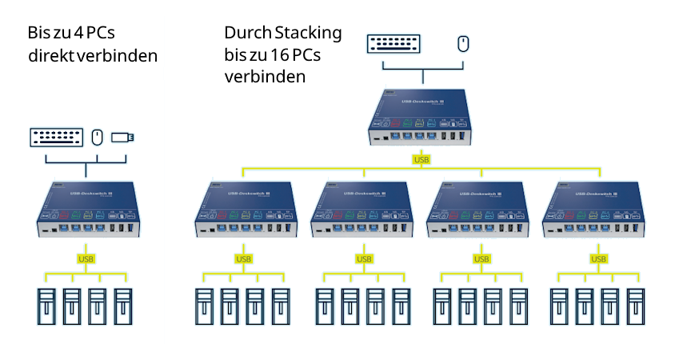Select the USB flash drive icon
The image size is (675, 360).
pyautogui.click(x=122, y=138)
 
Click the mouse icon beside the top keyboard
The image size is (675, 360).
pyautogui.click(x=463, y=43)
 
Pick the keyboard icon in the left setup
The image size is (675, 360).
pyautogui.click(x=56, y=137)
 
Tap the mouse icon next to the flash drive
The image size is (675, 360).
pyautogui.click(x=97, y=137)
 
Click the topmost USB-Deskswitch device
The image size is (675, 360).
pyautogui.click(x=421, y=118)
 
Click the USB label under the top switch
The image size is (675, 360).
pyautogui.click(x=421, y=160)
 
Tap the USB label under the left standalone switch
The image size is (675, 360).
pyautogui.click(x=85, y=258)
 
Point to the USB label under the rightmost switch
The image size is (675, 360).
pyautogui.click(x=597, y=258)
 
